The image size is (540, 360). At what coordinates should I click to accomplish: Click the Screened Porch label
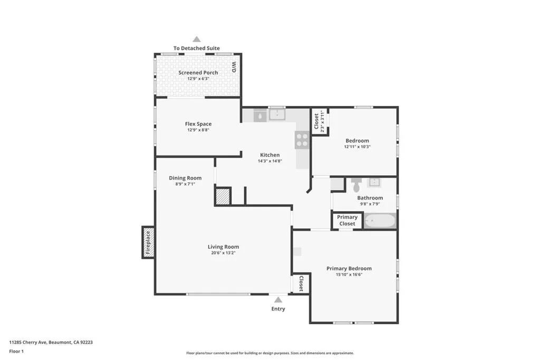point(198,73)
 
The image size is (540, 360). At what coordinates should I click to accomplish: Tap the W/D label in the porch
point(234,67)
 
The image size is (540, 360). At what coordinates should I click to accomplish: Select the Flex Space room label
point(198,124)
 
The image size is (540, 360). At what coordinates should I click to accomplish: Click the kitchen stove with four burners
point(302,140)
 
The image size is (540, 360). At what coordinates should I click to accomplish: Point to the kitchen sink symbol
point(277,114)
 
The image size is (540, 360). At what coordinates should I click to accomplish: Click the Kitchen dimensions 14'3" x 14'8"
point(269,161)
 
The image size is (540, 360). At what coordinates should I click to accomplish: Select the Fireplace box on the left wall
point(148,242)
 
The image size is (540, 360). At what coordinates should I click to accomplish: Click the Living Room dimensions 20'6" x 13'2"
point(223,253)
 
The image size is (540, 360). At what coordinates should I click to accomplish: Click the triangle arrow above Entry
point(278,300)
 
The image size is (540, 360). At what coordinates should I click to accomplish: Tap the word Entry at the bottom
point(278,309)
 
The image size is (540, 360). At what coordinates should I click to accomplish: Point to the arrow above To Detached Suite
point(197,39)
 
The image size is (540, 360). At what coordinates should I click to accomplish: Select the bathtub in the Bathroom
point(379,221)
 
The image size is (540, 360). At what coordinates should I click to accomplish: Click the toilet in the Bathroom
point(356,186)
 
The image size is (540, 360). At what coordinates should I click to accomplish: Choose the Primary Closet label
point(347,220)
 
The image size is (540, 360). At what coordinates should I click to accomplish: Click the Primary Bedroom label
point(349,268)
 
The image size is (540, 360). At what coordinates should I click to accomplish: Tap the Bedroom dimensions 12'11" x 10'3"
point(357,147)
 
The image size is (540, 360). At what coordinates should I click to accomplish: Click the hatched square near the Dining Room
point(223,196)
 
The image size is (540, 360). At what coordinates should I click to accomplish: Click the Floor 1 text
point(16,351)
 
